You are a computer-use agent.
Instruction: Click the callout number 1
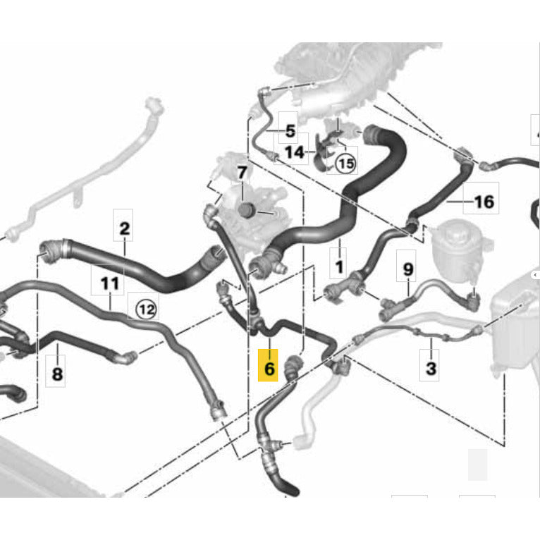point(339,266)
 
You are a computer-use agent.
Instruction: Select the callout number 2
point(124,228)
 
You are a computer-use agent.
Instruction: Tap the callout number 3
point(431,368)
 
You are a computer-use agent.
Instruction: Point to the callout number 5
point(290,131)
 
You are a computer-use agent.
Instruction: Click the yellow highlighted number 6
point(269,369)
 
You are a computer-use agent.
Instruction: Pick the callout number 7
point(242,173)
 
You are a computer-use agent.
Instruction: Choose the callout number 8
point(57,374)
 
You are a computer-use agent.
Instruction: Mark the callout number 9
point(407,269)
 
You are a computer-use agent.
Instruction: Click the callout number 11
point(110,283)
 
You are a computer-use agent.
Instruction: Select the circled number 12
point(147,309)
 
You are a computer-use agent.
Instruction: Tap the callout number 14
point(295,152)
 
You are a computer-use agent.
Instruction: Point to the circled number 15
point(345,164)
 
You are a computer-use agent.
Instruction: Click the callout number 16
point(484,202)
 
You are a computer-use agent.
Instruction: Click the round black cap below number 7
point(246,210)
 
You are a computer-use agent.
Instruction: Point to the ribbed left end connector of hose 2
point(51,251)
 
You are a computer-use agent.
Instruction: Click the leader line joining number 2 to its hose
point(124,246)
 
